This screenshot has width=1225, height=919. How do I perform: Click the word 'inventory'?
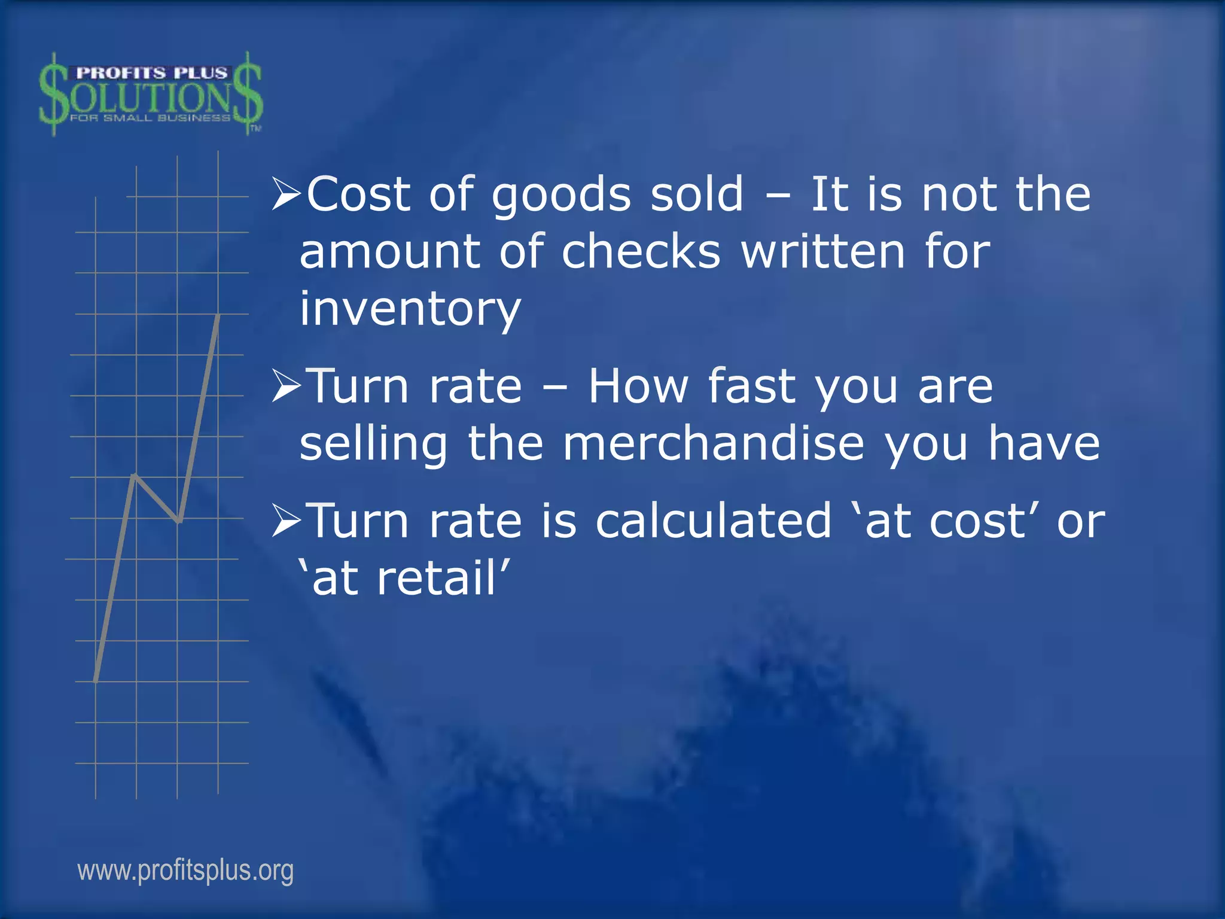click(410, 309)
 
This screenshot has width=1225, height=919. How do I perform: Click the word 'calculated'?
click(714, 521)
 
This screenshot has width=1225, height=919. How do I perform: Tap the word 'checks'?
click(641, 251)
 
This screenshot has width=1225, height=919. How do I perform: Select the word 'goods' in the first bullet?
click(561, 196)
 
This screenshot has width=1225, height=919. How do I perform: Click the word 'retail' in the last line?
click(437, 578)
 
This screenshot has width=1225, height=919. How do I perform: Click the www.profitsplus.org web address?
click(185, 871)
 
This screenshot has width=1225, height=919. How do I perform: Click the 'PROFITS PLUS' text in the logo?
click(152, 73)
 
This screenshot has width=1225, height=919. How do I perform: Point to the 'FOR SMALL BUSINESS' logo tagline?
click(150, 118)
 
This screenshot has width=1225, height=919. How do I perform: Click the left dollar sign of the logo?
click(54, 95)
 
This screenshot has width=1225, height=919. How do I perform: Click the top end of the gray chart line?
click(218, 315)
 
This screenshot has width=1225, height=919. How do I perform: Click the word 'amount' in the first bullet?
click(389, 251)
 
